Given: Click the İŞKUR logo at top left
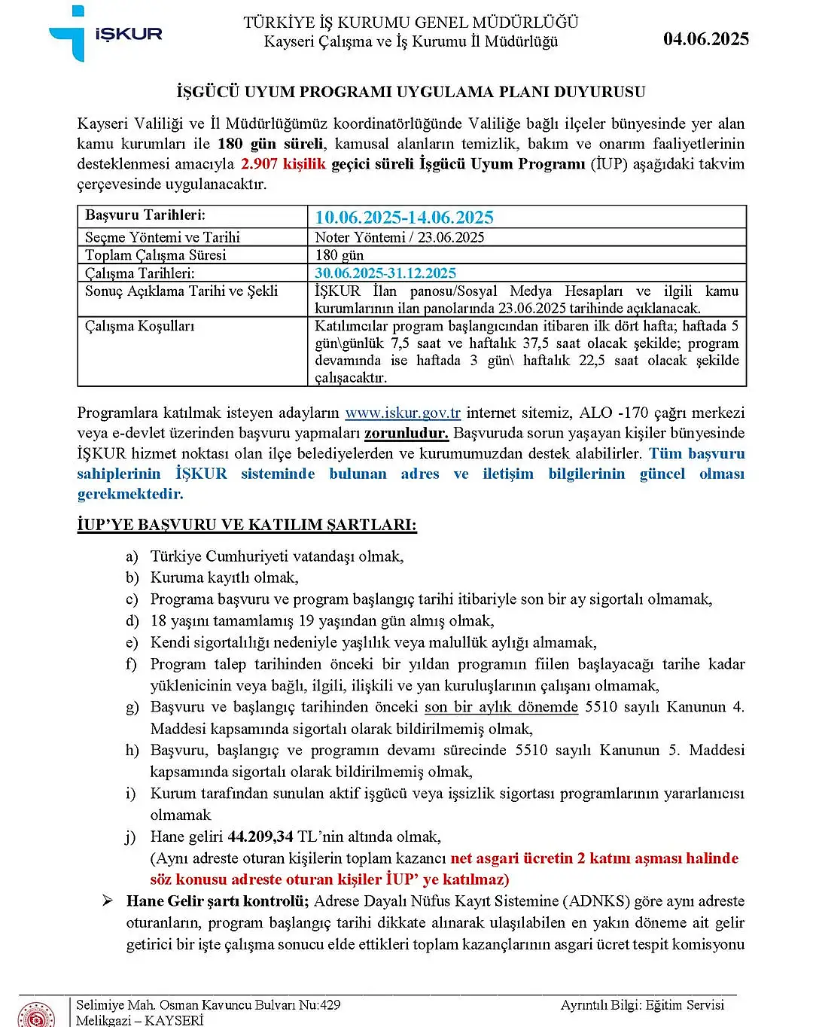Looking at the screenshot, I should pos(105,34).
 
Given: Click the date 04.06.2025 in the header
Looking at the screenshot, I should pos(705,39).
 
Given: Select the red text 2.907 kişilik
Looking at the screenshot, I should pos(283,164).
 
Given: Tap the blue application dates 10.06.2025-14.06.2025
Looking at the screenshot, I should pos(404,218).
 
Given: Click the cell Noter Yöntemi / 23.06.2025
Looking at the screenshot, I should pos(399,237).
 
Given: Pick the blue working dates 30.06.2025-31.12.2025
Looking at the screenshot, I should pos(385,273).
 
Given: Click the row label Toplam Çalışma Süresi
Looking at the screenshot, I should pos(155,255).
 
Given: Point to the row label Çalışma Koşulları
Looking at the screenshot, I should pos(139,326).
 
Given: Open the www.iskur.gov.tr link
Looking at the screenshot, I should pos(403,413).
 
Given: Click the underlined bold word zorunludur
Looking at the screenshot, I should pos(406,434).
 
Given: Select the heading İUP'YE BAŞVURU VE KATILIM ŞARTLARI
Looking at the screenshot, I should pos(247,525).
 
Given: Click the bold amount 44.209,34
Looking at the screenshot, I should pos(260,837).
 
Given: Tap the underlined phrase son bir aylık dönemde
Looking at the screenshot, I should pos(501,707).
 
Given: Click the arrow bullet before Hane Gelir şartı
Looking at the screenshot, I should pos(108,901).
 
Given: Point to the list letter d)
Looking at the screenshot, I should pos(132,621).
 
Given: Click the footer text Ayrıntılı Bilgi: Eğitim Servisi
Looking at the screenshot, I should pos(642,1005).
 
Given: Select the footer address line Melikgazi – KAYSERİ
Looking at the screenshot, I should pos(140,1020).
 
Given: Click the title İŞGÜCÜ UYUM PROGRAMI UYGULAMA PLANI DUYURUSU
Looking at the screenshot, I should pos(411,92).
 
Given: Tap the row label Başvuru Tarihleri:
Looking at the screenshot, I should pos(145,215).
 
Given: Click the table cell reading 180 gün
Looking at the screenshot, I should pos(339,255).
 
